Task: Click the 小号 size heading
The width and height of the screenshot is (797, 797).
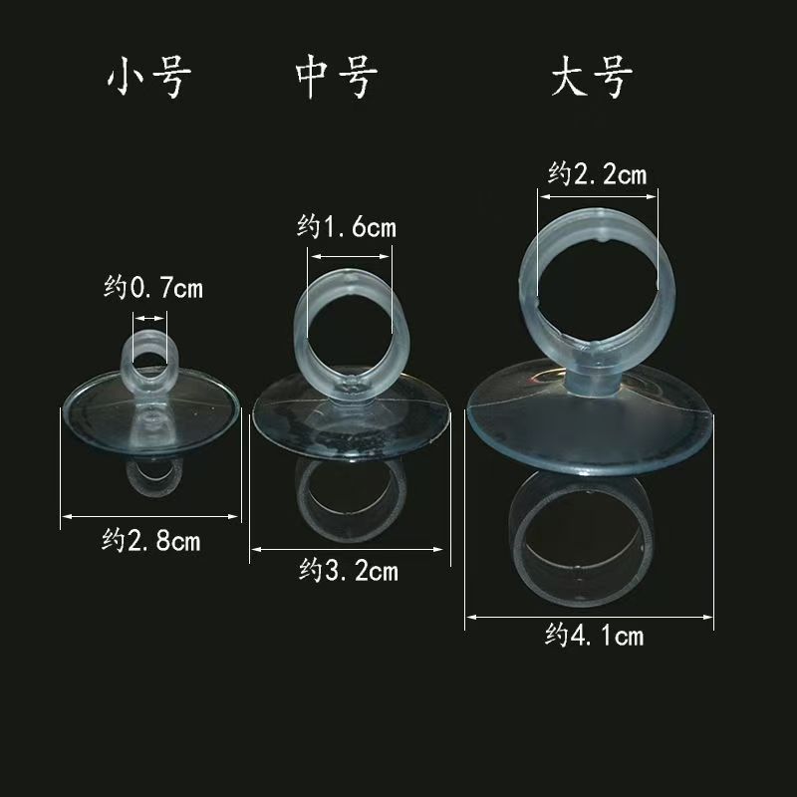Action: point(147,81)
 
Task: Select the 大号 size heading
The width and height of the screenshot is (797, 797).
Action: point(591,81)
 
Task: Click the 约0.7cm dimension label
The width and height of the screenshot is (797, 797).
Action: point(153,289)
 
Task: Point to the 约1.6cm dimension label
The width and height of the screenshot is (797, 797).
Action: point(347,227)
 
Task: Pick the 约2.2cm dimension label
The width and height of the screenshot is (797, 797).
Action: point(597,174)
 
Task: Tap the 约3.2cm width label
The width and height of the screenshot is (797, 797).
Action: point(349,571)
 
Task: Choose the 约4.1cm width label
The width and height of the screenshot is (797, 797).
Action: point(595,636)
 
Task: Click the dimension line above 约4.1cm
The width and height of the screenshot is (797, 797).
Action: point(591,617)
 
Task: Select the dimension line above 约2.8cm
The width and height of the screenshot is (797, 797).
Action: point(151,516)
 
